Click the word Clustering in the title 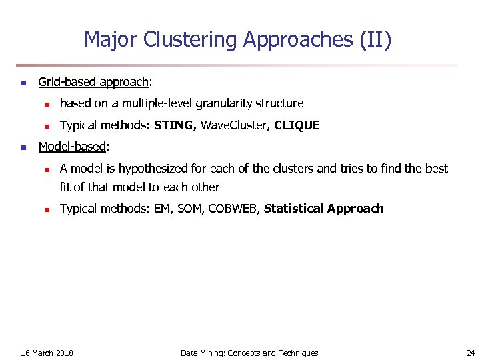point(198,41)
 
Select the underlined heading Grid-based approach point(93,83)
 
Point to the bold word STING point(175,125)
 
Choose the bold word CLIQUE point(297,125)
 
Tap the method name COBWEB point(233,209)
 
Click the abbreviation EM point(162,209)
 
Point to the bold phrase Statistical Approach point(324,209)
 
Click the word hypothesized point(155,169)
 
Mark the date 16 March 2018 point(47,353)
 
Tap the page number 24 point(471,353)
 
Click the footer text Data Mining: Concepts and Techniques point(249,353)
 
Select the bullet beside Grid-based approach point(23,83)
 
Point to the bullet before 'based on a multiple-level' point(47,104)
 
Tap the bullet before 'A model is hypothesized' point(47,169)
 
